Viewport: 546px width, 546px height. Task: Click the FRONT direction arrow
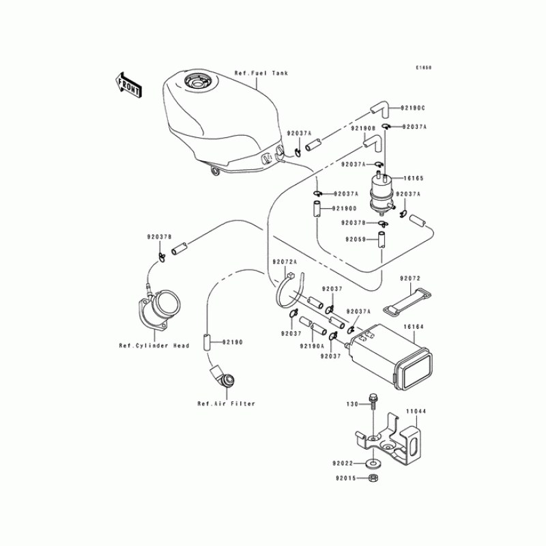[128, 85]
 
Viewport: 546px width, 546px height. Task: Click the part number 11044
[416, 412]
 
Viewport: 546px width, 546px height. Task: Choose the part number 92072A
[283, 261]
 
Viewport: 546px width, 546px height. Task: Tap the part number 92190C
[412, 108]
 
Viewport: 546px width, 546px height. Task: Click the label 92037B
[158, 236]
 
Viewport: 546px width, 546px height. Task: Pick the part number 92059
[356, 240]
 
